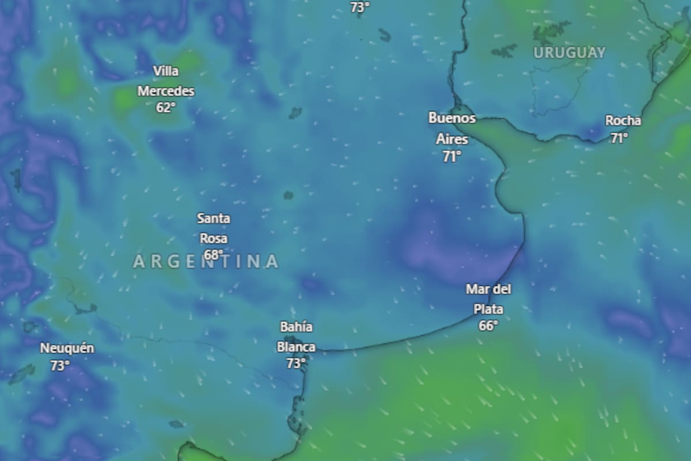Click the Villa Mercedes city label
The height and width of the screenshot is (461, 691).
(166, 81)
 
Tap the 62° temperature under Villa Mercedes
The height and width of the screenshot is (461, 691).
(165, 107)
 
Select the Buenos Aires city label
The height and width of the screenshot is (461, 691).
(452, 129)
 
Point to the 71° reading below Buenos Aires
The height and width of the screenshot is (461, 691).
(452, 156)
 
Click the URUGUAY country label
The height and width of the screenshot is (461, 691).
(569, 53)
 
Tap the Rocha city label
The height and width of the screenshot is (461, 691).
(622, 121)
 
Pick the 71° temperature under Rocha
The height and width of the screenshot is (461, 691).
(619, 138)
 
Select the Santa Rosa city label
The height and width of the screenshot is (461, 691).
(214, 228)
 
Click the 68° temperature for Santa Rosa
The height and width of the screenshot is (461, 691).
(213, 255)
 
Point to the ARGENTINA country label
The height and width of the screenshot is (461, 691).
(206, 262)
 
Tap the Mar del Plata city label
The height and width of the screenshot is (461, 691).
(488, 299)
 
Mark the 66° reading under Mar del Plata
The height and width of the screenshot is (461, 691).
(488, 326)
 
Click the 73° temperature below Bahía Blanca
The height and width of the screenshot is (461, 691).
(295, 363)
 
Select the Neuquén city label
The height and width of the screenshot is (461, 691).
(67, 349)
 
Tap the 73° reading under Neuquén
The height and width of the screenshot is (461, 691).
(60, 365)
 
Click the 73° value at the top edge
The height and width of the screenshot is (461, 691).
(360, 7)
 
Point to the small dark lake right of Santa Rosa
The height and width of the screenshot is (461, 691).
(288, 195)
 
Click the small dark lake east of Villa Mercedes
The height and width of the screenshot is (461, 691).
(295, 112)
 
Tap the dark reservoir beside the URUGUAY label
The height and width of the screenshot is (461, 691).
(504, 51)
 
